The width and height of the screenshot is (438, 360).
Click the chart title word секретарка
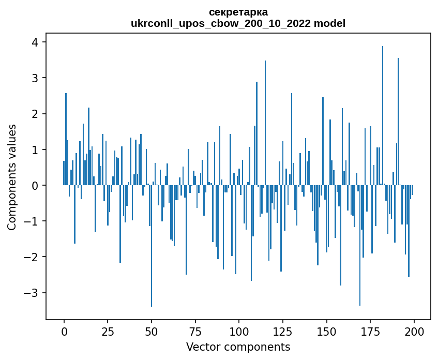point(238,12)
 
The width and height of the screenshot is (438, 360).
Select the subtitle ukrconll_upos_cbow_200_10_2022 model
point(238,23)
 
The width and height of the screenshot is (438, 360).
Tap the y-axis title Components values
point(12,177)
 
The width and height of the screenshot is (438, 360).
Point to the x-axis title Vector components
point(238,347)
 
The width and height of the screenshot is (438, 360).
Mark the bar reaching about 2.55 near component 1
point(66,139)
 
